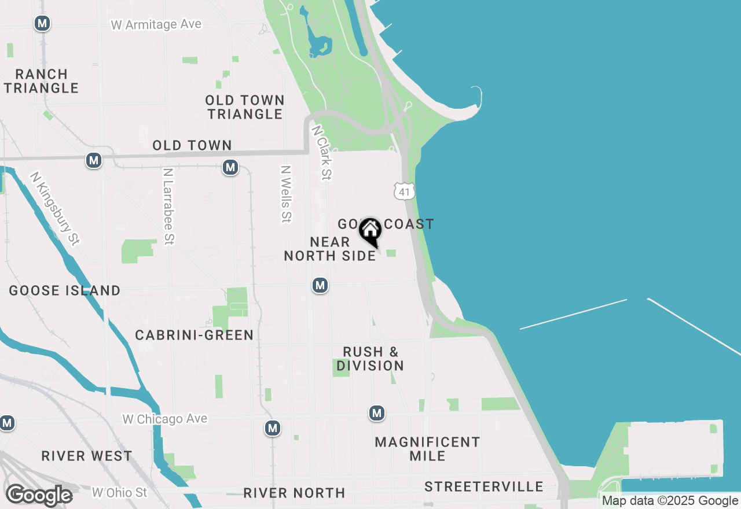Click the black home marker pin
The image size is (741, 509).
pos(370,232)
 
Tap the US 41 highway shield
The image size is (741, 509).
pos(404,191)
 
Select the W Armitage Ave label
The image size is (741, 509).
pos(156,24)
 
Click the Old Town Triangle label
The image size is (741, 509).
pos(245,107)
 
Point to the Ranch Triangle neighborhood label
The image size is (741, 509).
pos(42,81)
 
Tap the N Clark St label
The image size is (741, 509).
pos(321,153)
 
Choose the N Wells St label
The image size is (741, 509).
pos(285,194)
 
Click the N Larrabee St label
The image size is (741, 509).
pos(168,206)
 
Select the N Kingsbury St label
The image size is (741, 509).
pos(55,209)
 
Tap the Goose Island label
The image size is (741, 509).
pos(65,290)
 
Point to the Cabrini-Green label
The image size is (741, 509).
pos(195,335)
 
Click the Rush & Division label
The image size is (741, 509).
pos(370,359)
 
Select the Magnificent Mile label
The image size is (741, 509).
pos(427,449)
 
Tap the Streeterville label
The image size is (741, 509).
pos(484,487)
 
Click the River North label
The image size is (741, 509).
pos(294,493)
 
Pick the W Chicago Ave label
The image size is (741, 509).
pos(165,419)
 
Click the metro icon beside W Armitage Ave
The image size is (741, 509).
pos(42,24)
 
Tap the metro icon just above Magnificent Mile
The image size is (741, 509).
pos(377,413)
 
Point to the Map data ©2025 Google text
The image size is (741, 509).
pos(670,501)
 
